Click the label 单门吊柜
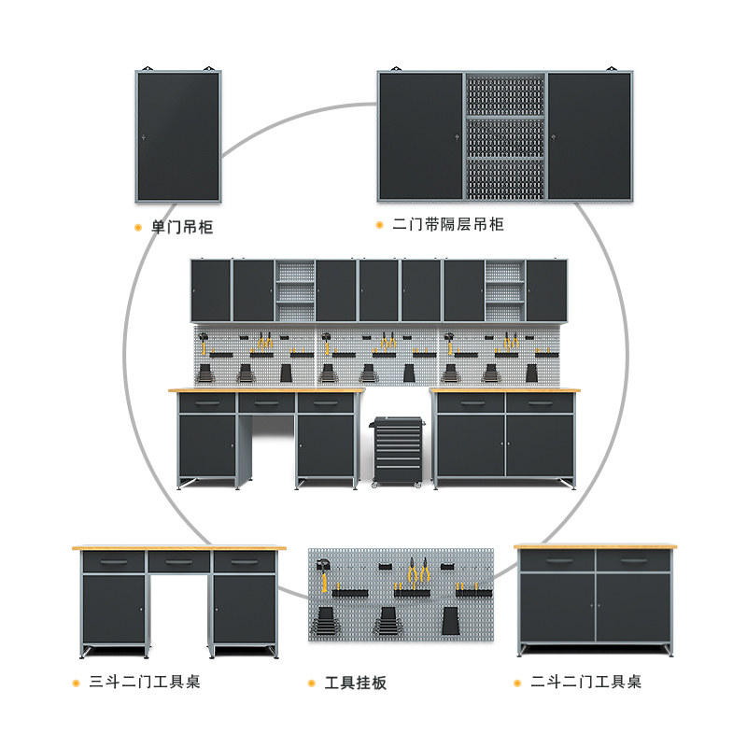(x=182, y=227)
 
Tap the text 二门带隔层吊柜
(x=448, y=225)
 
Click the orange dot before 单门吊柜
(x=138, y=227)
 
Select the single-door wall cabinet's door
(x=177, y=136)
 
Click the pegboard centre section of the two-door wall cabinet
(x=504, y=136)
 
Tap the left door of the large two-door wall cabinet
(x=421, y=136)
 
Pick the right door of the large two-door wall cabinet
(x=588, y=136)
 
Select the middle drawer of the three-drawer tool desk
(x=179, y=562)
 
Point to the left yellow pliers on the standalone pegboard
(x=412, y=571)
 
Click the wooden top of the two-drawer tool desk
(x=596, y=545)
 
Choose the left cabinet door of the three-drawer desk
(x=114, y=609)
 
